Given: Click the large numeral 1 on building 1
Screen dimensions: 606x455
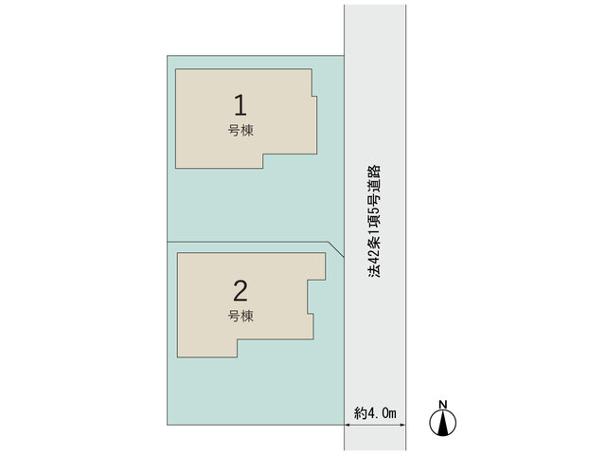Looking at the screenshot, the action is pyautogui.click(x=241, y=105).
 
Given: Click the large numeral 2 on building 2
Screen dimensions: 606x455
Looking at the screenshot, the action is pyautogui.click(x=241, y=291).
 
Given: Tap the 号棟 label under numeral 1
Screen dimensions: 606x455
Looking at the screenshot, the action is pyautogui.click(x=241, y=131).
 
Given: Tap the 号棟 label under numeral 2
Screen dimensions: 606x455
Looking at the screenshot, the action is pyautogui.click(x=241, y=316).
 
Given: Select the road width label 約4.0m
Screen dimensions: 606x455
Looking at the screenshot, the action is pyautogui.click(x=375, y=413).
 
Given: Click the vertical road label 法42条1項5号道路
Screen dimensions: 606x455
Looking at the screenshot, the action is pyautogui.click(x=374, y=222).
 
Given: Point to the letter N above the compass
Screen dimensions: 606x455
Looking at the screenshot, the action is pyautogui.click(x=443, y=405).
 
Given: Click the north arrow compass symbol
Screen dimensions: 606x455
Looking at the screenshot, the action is pyautogui.click(x=443, y=423).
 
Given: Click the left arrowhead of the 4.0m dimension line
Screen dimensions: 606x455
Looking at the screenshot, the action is pyautogui.click(x=347, y=425).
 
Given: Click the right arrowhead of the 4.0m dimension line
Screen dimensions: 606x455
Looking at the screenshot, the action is pyautogui.click(x=403, y=425).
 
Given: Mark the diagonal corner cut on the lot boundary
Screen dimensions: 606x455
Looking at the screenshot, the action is pyautogui.click(x=336, y=249).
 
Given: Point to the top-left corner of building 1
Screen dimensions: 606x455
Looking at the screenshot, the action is pyautogui.click(x=176, y=69).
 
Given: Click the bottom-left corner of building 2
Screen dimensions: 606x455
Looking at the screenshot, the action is pyautogui.click(x=177, y=356).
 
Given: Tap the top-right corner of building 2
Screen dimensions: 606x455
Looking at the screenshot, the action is pyautogui.click(x=325, y=253).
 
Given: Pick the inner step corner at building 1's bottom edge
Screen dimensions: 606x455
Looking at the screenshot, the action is pyautogui.click(x=263, y=154).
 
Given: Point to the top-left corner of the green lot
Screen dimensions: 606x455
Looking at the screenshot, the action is pyautogui.click(x=168, y=56).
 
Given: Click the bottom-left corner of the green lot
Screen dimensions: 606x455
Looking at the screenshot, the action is pyautogui.click(x=168, y=425).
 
